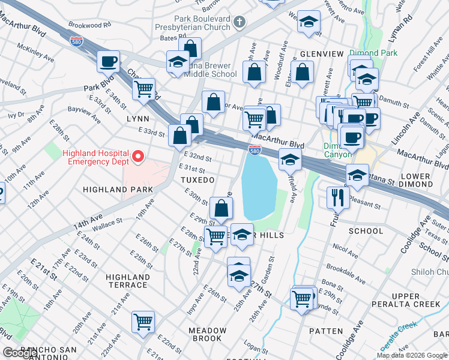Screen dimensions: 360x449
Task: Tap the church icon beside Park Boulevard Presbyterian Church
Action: (240, 23)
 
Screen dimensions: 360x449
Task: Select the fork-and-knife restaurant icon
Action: (337, 197)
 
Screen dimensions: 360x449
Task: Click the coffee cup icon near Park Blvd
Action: (109, 61)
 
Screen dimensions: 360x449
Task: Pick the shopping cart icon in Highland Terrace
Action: (143, 322)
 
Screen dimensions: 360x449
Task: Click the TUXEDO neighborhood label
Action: (197, 180)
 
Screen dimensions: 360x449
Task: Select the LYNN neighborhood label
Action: (137, 119)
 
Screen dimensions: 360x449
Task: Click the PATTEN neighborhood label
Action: (325, 331)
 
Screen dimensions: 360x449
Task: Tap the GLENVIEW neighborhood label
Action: (322, 54)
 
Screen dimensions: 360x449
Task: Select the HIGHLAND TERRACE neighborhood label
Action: (127, 281)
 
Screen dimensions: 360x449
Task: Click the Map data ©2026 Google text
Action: (412, 355)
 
